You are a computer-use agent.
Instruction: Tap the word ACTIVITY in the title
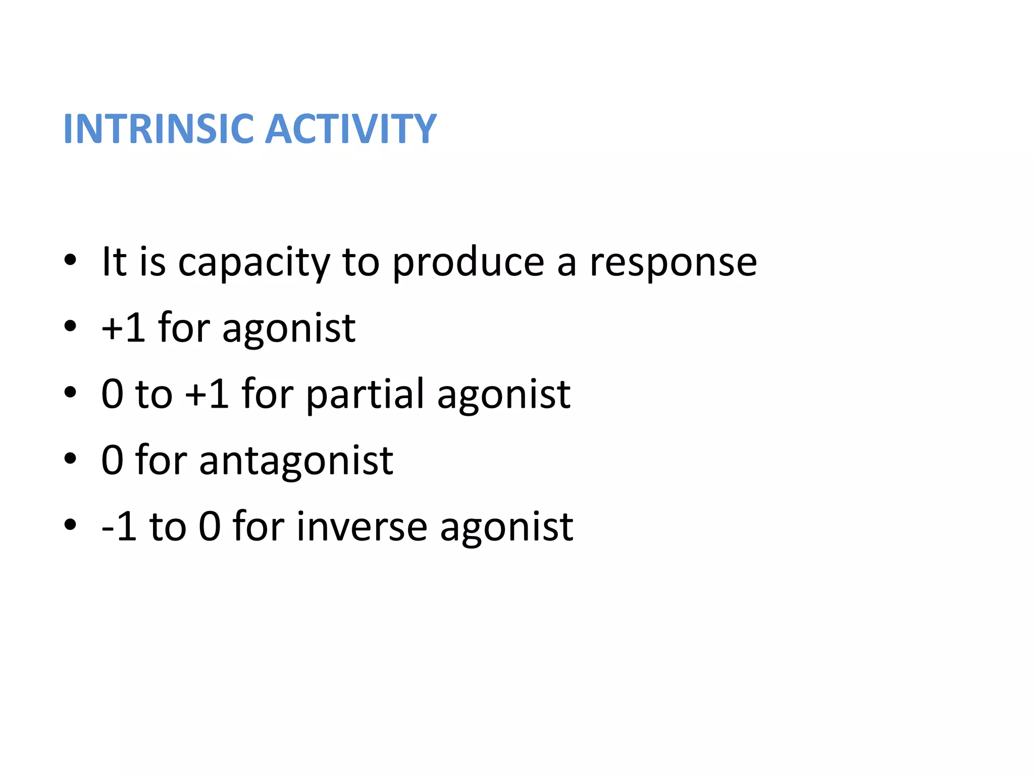(x=350, y=129)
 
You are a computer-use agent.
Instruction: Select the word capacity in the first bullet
(x=254, y=264)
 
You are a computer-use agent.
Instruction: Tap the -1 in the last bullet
(x=119, y=527)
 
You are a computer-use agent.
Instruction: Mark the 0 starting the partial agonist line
(x=112, y=395)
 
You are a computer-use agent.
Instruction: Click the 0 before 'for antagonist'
(x=112, y=461)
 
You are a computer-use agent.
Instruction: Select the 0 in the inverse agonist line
(x=210, y=527)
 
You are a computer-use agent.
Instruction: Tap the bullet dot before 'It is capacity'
(x=70, y=261)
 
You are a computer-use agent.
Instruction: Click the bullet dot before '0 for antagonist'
(x=70, y=459)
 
